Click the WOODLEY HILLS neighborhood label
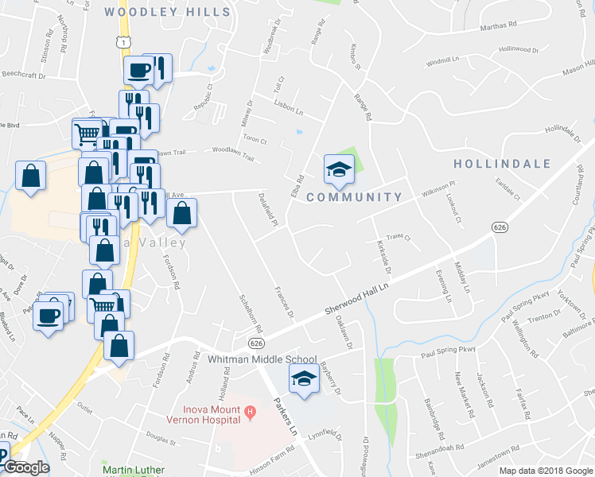click(x=167, y=12)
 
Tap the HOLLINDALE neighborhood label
click(x=502, y=164)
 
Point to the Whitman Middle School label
click(x=262, y=359)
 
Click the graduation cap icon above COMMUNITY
click(x=338, y=168)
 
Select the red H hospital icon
click(x=250, y=412)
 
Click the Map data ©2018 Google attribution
click(x=545, y=471)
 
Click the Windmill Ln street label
click(x=443, y=60)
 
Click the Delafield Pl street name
click(x=268, y=209)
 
